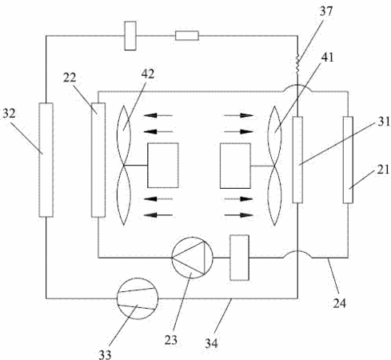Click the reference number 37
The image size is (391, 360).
coord(326,11)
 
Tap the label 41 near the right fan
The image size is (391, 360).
coord(327,57)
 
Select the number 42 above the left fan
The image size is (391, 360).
coord(148,74)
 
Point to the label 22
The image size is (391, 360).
coord(70,78)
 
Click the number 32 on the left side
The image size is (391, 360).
coord(9,114)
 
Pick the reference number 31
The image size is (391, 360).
coord(384,122)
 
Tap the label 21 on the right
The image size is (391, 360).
coord(383,170)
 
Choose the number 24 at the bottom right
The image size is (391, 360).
coord(339,303)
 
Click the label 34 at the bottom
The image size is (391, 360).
coord(211,343)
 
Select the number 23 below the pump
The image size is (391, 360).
coord(171,340)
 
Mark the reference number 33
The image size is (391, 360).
coord(105,354)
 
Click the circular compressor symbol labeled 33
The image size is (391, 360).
coord(138,298)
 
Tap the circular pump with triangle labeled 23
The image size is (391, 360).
coord(192,258)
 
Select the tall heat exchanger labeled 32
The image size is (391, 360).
coord(46,160)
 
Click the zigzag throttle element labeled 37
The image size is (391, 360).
coord(297,64)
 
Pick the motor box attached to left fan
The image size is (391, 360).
coord(163,166)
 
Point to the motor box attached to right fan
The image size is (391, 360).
coord(235,166)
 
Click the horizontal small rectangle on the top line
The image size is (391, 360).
coord(187,36)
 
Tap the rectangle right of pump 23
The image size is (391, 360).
coord(239,258)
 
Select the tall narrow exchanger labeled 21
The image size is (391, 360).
coord(348,160)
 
